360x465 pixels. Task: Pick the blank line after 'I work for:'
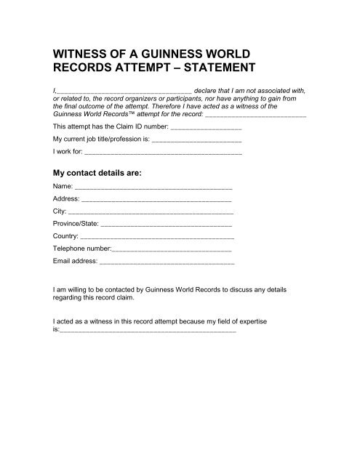pyautogui.click(x=164, y=154)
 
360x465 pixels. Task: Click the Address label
pyautogui.click(x=66, y=199)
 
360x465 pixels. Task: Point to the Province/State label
pyautogui.click(x=76, y=224)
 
